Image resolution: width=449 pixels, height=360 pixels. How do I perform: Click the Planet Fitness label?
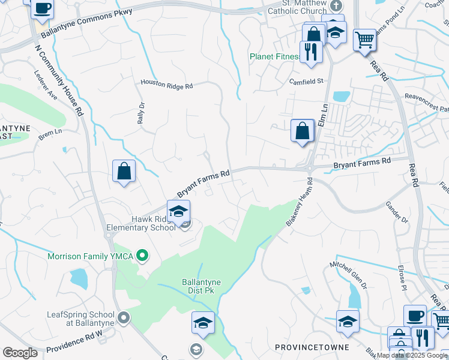pos(274,57)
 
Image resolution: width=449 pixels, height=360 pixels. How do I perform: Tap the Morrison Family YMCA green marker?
pos(142,256)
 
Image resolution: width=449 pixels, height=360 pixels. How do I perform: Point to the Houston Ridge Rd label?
pos(166,86)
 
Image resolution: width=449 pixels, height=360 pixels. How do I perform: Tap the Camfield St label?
pos(306,81)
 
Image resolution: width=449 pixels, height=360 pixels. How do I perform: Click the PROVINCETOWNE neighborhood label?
pos(304,347)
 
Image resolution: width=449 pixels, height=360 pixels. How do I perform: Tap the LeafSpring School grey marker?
pos(124,317)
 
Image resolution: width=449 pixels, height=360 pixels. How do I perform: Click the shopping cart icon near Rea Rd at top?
pos(364,40)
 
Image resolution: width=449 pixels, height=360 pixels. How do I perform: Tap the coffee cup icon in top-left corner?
pos(43,8)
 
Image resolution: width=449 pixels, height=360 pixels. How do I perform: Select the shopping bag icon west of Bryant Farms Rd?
pos(124,171)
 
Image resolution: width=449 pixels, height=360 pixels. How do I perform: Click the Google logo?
pos(20,353)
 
